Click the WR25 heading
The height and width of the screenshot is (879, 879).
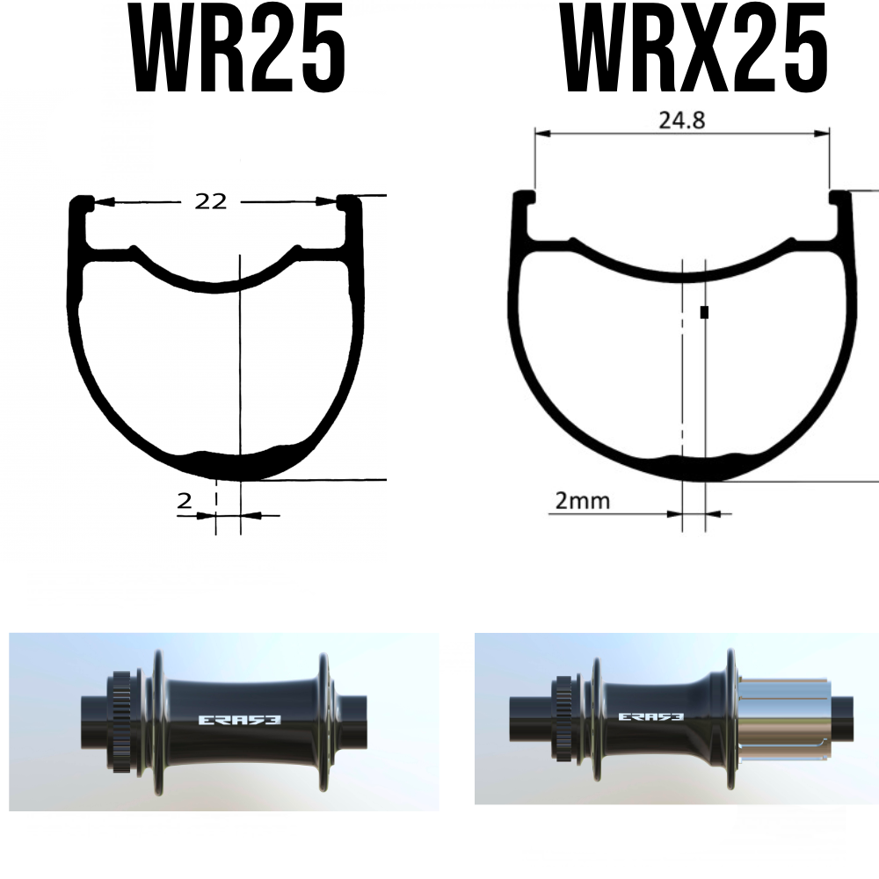point(238,50)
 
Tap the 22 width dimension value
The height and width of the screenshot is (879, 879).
point(211,201)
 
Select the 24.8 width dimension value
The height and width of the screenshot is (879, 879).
point(681,120)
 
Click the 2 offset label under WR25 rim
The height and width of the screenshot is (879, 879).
point(185,501)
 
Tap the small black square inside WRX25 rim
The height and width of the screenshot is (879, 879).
point(704,312)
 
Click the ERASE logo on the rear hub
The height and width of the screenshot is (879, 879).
point(651,716)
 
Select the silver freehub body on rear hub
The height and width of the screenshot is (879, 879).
point(784,717)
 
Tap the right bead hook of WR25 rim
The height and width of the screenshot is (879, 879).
point(349,204)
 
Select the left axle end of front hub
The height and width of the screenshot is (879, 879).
point(92,723)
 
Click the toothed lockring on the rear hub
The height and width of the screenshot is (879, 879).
point(563,716)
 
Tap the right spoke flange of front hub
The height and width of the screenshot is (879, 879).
point(325,721)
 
